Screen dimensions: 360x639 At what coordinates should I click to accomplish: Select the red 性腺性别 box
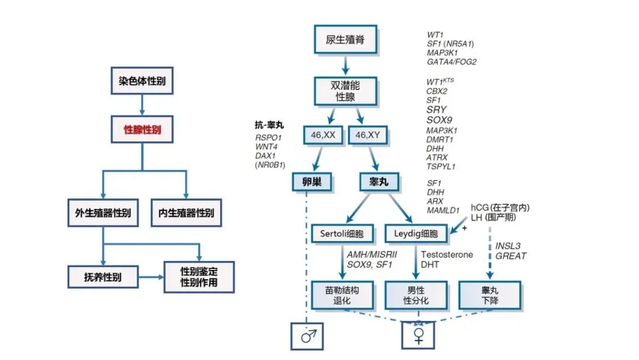pyautogui.click(x=142, y=129)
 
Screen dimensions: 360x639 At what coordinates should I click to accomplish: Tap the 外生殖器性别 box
pyautogui.click(x=103, y=213)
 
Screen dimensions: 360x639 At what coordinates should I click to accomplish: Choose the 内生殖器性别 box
pyautogui.click(x=186, y=213)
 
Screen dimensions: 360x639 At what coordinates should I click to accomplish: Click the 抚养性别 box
pyautogui.click(x=103, y=275)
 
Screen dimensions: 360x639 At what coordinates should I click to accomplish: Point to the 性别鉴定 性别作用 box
pyautogui.click(x=199, y=277)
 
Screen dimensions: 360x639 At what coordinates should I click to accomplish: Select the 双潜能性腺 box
pyautogui.click(x=345, y=91)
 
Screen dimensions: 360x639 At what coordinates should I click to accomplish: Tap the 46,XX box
pyautogui.click(x=323, y=135)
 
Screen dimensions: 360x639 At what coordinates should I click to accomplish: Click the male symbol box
pyautogui.click(x=308, y=336)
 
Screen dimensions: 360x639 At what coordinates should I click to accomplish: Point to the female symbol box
pyautogui.click(x=418, y=336)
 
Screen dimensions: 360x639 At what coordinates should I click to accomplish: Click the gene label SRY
pyautogui.click(x=436, y=110)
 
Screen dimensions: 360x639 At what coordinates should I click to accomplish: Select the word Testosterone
pyautogui.click(x=447, y=254)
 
